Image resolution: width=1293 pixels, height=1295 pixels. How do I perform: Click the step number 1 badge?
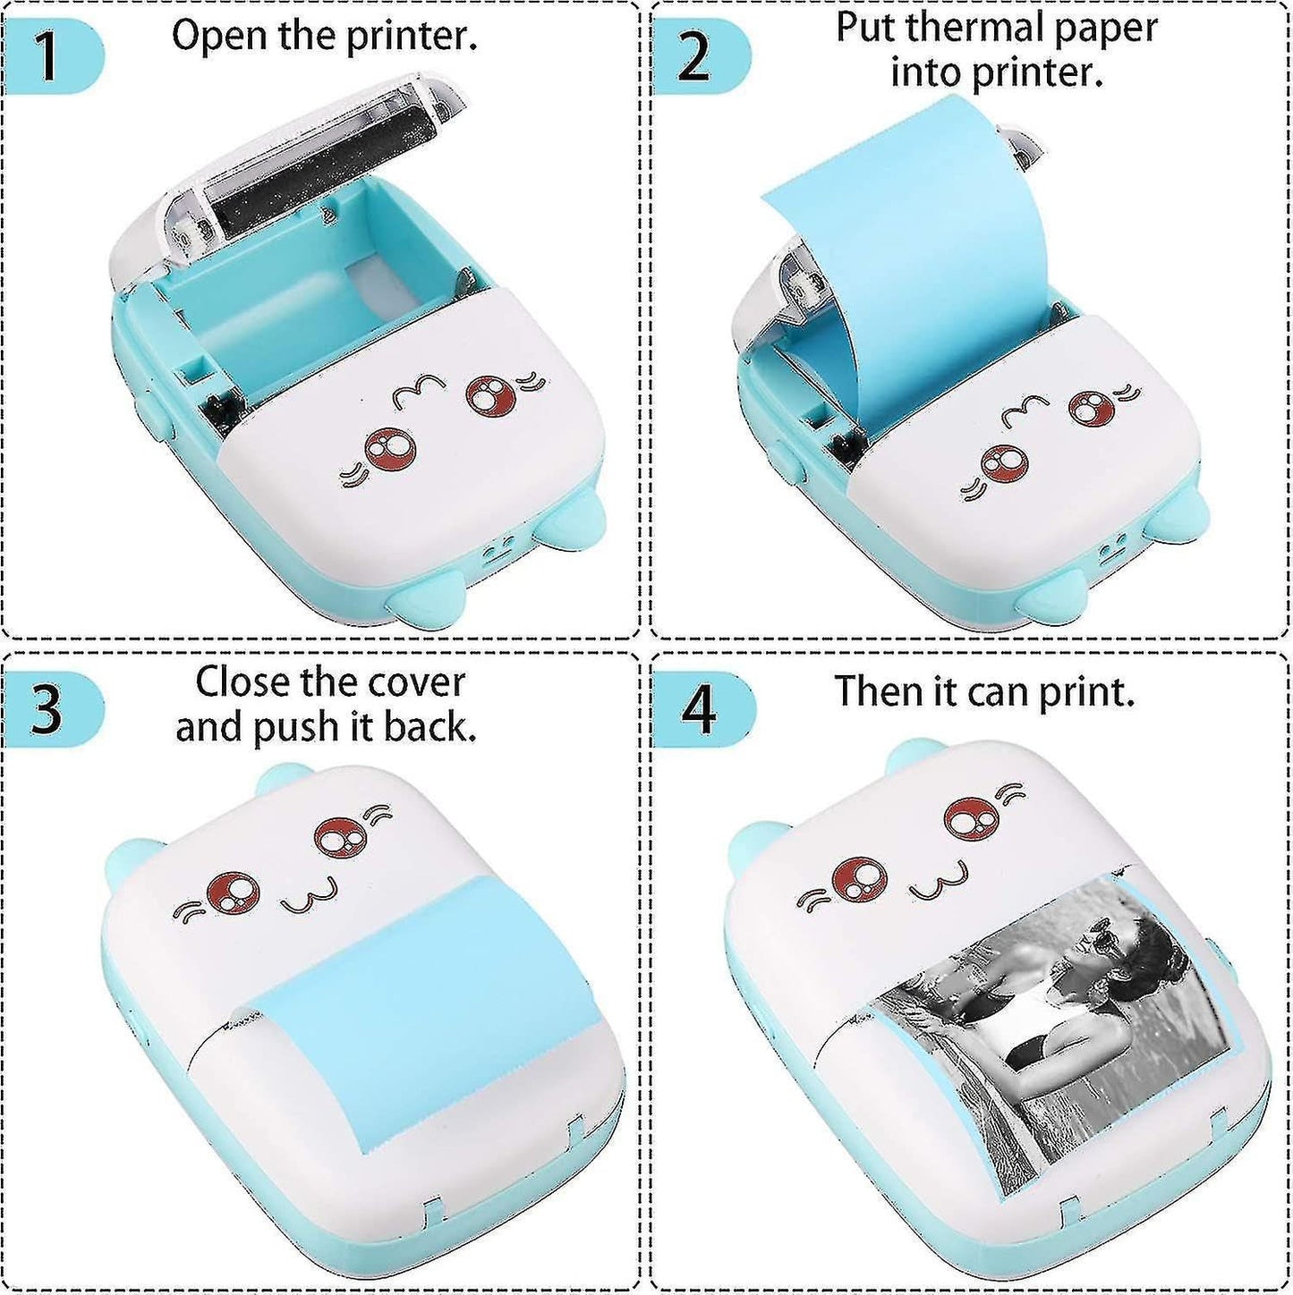49,56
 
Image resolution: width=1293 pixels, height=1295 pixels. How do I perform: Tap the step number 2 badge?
695,55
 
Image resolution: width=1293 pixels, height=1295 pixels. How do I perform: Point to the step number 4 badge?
698,710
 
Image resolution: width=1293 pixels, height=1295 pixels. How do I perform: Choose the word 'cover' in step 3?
420,682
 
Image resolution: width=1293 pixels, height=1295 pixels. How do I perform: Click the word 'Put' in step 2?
866,28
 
